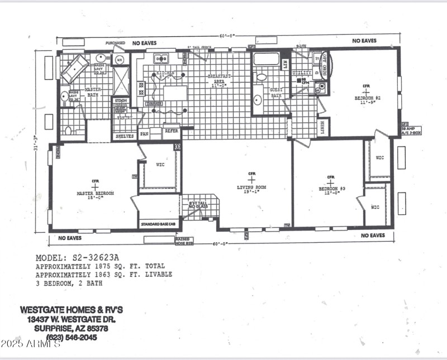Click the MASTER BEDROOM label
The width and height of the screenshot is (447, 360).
tap(95, 193)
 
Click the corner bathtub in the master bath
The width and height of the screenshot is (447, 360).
tap(75, 68)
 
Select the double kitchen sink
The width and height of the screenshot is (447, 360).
tap(161, 58)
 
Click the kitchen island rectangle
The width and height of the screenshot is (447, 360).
tap(175, 93)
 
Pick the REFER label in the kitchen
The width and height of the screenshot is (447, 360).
tap(171, 131)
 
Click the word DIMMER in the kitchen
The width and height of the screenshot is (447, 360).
tap(153, 104)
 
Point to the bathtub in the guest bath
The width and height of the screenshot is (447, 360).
tap(267, 60)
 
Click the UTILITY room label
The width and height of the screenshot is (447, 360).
tap(302, 73)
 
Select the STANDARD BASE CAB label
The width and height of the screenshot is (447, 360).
tap(158, 224)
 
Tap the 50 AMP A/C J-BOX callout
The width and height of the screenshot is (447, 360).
tap(411, 130)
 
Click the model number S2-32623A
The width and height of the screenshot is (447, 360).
tap(98, 258)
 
